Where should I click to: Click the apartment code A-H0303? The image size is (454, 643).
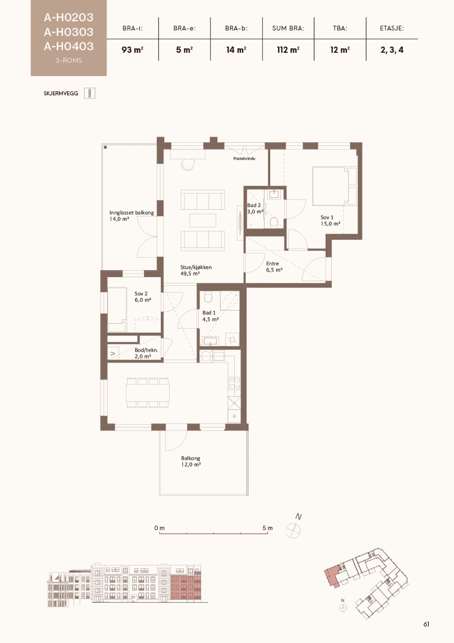[69, 32]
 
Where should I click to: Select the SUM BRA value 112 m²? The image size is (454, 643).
[288, 50]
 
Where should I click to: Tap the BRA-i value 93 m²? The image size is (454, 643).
[132, 50]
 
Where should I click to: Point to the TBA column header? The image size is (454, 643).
[340, 28]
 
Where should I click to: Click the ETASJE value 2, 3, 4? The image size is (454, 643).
[392, 50]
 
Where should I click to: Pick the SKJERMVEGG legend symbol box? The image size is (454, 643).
[89, 93]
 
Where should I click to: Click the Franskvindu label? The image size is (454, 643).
[244, 158]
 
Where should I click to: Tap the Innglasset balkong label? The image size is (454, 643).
[132, 213]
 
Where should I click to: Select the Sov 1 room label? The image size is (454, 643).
[327, 217]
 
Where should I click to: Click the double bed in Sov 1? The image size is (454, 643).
[334, 186]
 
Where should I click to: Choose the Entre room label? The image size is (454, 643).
[272, 263]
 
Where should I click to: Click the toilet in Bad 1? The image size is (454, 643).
[208, 297]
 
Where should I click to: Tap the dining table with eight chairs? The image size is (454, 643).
[147, 393]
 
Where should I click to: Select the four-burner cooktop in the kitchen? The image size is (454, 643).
[234, 384]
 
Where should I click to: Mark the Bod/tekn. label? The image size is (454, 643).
[146, 350]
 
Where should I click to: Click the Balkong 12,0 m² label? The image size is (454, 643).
[191, 461]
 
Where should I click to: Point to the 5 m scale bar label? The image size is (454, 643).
[268, 528]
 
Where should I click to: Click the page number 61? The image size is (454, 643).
[426, 624]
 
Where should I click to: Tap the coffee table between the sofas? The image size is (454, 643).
[203, 220]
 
